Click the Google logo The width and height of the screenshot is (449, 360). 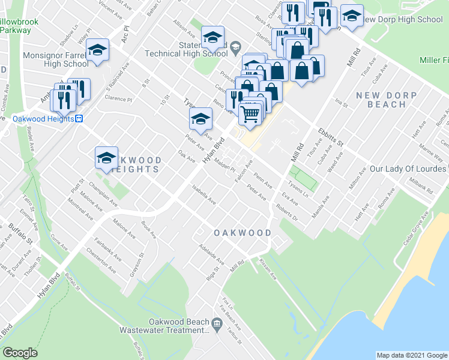point(20,353)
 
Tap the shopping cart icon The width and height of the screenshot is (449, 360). point(250,112)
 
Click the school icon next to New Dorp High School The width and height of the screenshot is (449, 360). point(351,17)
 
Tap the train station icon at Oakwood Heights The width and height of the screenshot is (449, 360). point(78,119)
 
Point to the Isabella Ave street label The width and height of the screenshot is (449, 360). point(203,194)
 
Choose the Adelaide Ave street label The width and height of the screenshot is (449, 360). point(212,254)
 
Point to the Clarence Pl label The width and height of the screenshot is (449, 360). point(118,98)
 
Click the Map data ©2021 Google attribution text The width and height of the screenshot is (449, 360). point(411,355)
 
